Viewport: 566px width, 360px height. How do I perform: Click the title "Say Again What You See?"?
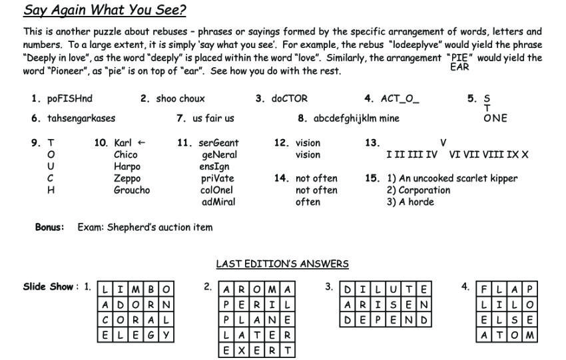click(105, 11)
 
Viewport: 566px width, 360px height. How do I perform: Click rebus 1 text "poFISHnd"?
click(70, 98)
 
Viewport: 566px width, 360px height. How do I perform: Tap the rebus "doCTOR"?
click(290, 98)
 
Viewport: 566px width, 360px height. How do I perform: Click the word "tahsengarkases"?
click(81, 118)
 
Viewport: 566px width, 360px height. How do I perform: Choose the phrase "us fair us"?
click(213, 118)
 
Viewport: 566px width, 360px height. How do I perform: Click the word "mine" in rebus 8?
click(389, 118)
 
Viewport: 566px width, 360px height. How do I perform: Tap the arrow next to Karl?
click(141, 142)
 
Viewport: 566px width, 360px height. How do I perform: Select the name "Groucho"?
click(132, 190)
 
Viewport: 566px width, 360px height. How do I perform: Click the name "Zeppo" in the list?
click(127, 178)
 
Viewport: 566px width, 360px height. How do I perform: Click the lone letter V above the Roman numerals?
click(443, 142)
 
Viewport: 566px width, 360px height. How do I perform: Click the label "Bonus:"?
click(49, 227)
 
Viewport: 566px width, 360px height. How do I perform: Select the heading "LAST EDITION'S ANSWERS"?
click(282, 264)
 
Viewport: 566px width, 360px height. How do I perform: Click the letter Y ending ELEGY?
click(167, 335)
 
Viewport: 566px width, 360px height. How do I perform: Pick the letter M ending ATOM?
click(530, 335)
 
